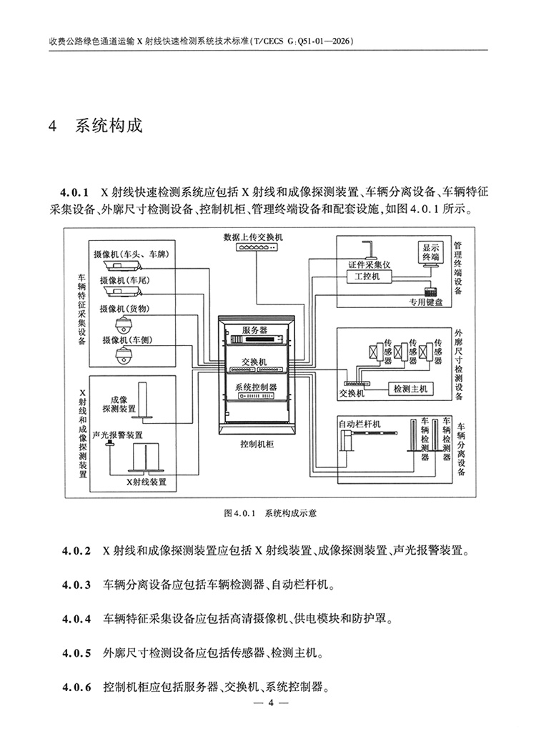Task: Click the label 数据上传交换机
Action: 253,237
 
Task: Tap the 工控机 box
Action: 367,276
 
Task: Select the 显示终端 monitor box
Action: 431,252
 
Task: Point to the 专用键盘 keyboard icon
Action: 431,292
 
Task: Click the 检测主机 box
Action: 410,389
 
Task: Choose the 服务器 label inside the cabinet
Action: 254,329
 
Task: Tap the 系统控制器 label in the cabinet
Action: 256,387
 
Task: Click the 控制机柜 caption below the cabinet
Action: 257,444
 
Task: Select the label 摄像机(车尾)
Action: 125,280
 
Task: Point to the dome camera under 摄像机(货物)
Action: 124,325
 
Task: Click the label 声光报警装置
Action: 118,435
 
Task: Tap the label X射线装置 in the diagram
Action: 146,482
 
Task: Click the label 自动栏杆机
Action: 359,424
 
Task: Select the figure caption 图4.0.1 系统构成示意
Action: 270,513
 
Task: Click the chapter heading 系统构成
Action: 109,127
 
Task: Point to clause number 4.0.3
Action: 76,585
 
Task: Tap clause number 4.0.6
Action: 76,687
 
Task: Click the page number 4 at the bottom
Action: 271,703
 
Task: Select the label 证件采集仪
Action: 369,264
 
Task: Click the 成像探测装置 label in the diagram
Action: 119,405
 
